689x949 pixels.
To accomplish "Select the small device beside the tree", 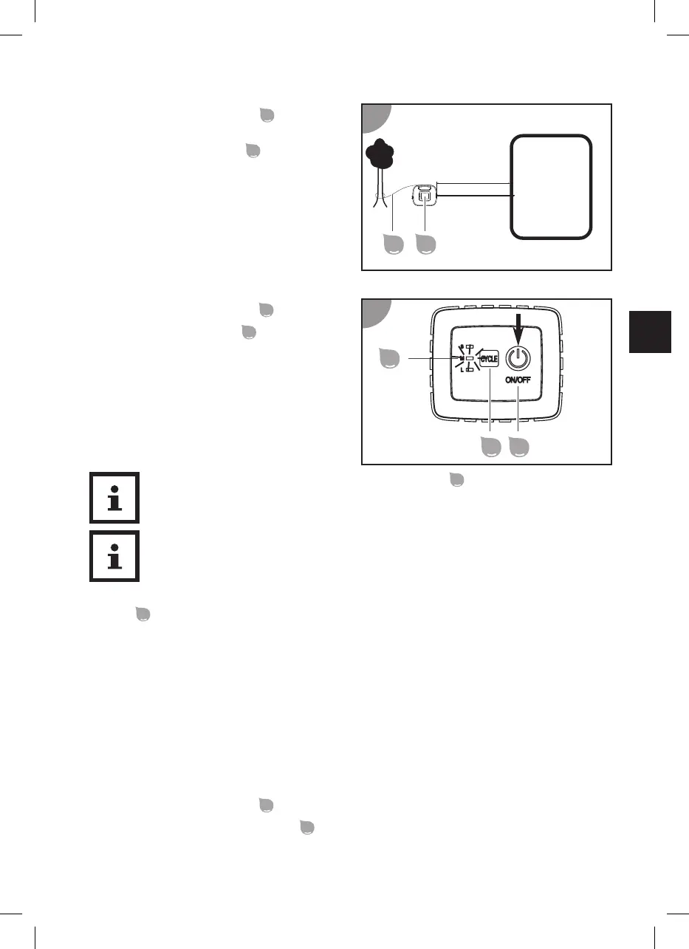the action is [425, 196].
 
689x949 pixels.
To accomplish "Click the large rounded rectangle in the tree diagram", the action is [551, 186].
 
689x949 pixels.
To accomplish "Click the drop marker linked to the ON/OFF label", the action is [521, 448].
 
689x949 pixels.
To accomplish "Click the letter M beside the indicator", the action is [461, 359].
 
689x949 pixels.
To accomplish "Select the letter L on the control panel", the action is [461, 369].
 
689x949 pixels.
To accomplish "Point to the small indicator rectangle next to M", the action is [470, 359].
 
